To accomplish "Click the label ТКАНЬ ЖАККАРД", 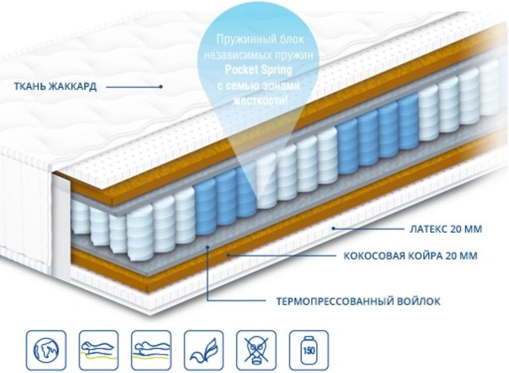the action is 55,87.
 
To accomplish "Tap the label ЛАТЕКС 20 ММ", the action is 446,229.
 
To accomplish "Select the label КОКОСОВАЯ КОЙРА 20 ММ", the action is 411,255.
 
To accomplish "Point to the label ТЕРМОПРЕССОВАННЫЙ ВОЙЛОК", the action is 358,302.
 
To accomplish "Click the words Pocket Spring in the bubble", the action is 258,70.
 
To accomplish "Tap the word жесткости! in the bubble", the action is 260,101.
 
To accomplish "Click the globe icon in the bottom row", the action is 46,350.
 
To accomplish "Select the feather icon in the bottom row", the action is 204,350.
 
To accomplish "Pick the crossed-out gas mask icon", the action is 256,350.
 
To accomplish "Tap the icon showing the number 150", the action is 309,350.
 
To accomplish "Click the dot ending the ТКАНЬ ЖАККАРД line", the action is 161,87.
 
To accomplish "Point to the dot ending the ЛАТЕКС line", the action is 333,229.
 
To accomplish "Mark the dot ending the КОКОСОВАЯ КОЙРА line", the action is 228,255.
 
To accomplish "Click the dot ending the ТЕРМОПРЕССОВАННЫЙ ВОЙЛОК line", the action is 208,247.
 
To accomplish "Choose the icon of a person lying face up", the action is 151,350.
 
